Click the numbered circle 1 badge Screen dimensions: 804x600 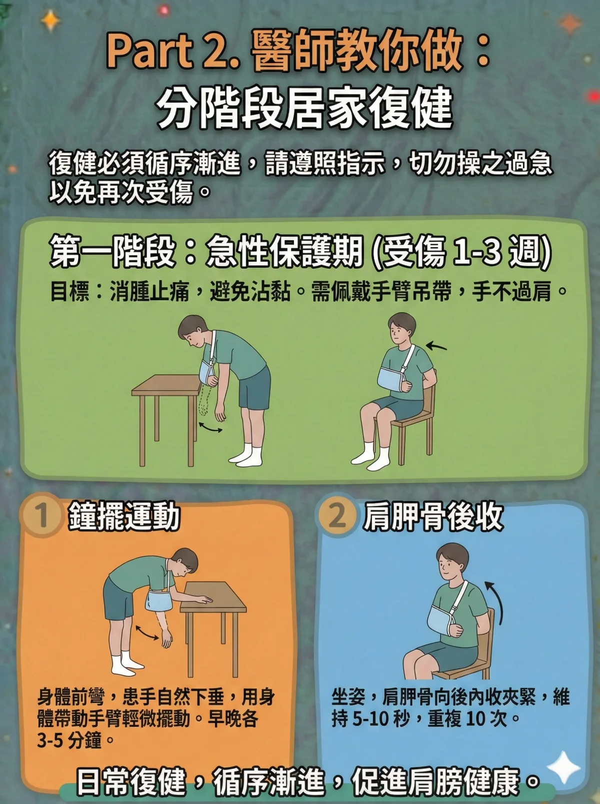42,515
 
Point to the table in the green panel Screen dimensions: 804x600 165,395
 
